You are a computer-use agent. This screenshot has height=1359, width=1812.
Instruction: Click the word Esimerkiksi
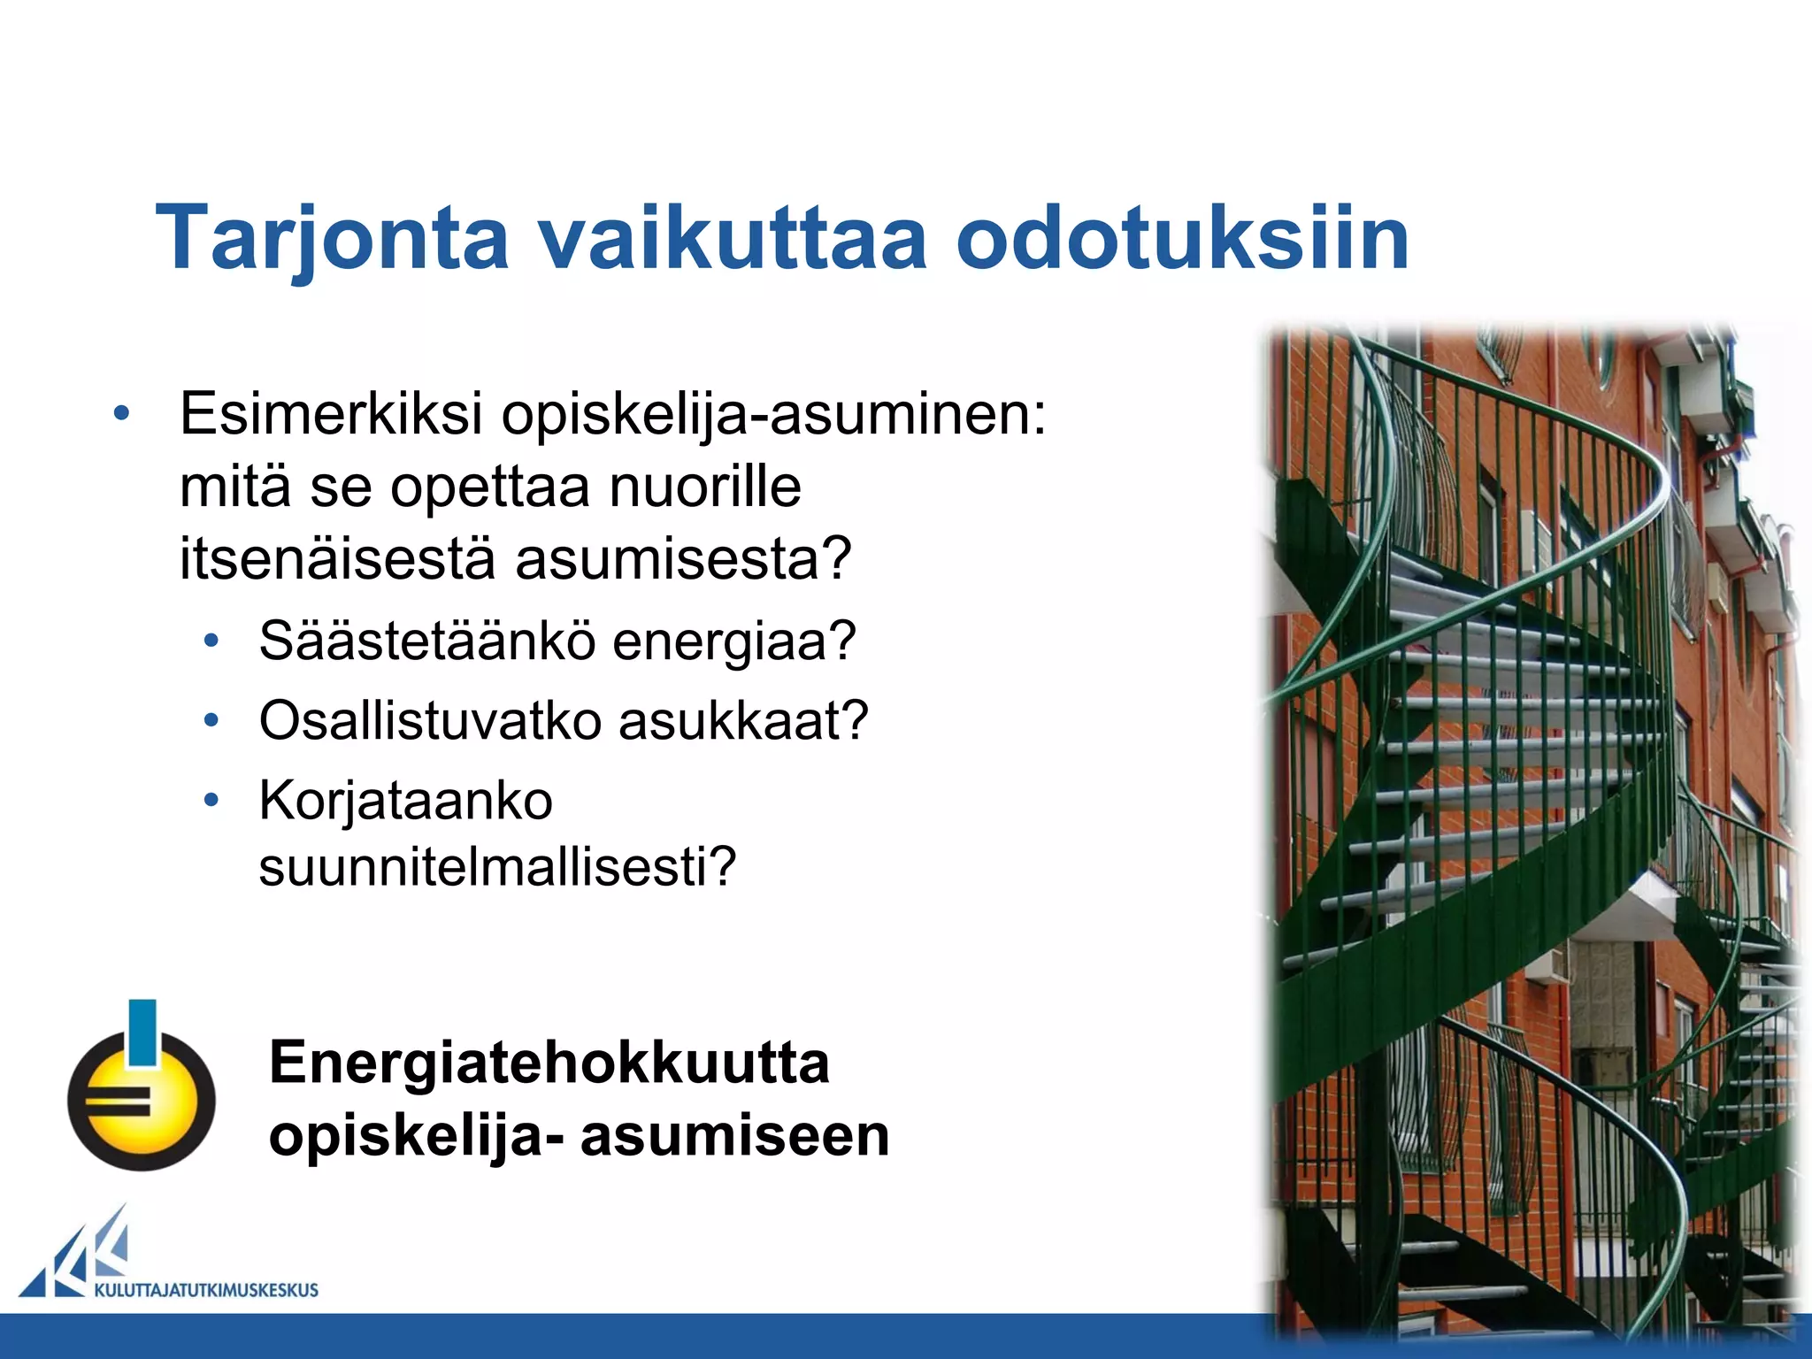[x=331, y=413]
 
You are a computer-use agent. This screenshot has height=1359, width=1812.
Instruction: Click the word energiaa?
[x=734, y=642]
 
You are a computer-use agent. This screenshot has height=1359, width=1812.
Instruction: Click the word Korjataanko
[x=405, y=801]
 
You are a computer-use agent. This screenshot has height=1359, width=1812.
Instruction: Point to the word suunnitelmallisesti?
[x=497, y=867]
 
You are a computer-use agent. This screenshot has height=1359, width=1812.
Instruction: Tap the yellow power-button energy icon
[x=142, y=1102]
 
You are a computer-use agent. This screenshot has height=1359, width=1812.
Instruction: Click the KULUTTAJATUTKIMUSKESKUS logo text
[x=205, y=1290]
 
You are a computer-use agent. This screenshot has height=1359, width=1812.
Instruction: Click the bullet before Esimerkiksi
[x=122, y=413]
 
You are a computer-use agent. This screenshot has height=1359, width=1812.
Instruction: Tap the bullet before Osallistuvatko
[x=211, y=721]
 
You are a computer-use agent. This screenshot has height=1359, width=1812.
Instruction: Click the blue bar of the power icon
[x=142, y=1032]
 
